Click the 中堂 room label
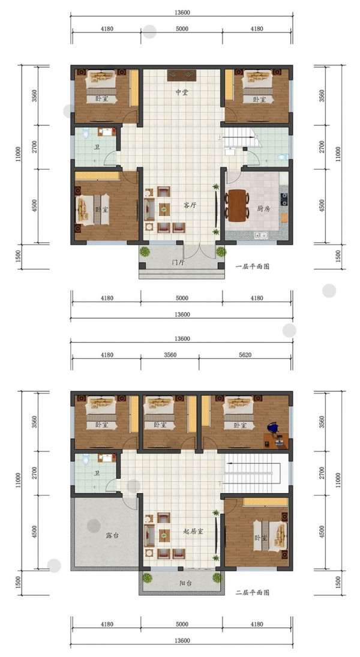(x=181, y=92)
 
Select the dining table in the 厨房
(x=237, y=205)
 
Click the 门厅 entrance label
(x=179, y=263)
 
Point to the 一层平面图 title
(x=252, y=266)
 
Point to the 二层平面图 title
(x=252, y=592)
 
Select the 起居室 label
(x=193, y=531)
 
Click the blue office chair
(x=273, y=428)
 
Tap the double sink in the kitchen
(x=260, y=235)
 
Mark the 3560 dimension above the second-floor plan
(x=170, y=355)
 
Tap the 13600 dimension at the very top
(x=182, y=13)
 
